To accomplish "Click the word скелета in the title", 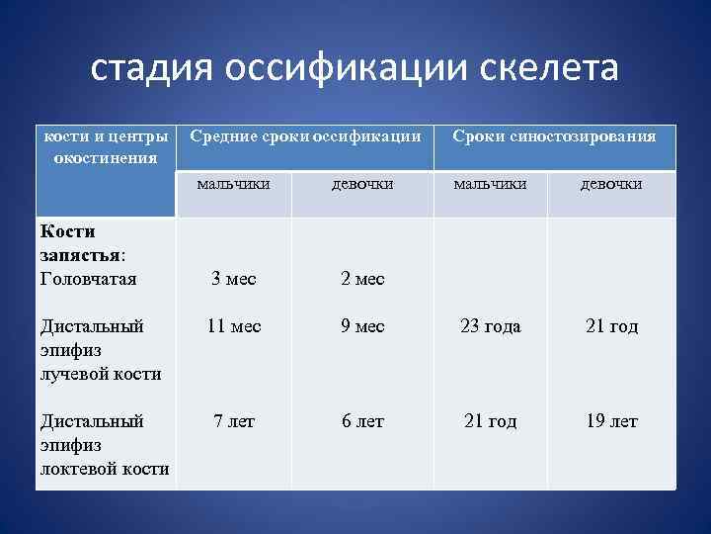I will [x=535, y=70].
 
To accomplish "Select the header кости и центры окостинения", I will [x=104, y=145].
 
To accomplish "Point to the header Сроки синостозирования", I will [x=554, y=136].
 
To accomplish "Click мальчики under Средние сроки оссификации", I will [x=233, y=184].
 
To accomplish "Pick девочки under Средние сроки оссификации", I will [x=362, y=184].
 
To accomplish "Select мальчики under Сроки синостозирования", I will [x=490, y=184].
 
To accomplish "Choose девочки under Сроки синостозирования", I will [x=610, y=184].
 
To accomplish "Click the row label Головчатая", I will [x=87, y=279].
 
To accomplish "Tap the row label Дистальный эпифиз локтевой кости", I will [x=104, y=445].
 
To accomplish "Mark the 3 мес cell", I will [x=234, y=279].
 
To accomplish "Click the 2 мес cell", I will [x=362, y=279].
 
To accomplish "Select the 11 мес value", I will [x=234, y=326].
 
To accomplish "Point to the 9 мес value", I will [x=362, y=326].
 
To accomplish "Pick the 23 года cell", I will [x=491, y=326].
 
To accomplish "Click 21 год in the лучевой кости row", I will [x=611, y=326].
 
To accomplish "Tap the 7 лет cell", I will [x=234, y=421].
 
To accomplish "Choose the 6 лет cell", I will [x=362, y=421].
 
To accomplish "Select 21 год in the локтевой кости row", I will [x=491, y=421].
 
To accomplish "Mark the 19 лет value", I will [x=611, y=421].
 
